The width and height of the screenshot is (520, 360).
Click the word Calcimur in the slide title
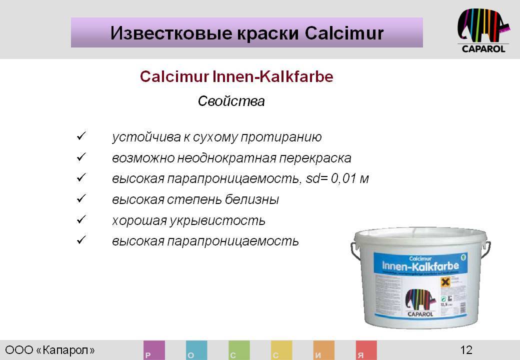click(343, 33)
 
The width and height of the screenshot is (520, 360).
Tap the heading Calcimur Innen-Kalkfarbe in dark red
click(236, 77)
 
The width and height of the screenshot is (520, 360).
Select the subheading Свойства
click(231, 101)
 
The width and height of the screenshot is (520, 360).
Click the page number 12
click(466, 349)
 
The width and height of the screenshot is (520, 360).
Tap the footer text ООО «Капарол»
click(50, 349)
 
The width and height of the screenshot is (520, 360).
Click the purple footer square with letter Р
click(154, 350)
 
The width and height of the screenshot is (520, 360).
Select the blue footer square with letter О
click(196, 350)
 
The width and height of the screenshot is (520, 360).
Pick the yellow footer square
click(281, 350)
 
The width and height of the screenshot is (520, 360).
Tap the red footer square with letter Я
click(366, 350)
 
